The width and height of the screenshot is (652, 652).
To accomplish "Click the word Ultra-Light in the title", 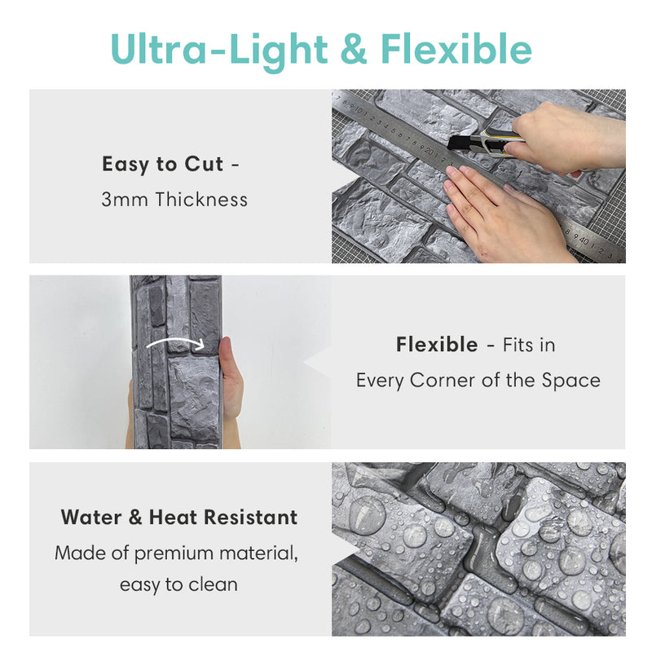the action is click(219, 50).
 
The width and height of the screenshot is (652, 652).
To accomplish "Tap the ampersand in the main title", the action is click(354, 49).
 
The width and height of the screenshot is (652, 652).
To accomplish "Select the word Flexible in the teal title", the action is click(456, 48).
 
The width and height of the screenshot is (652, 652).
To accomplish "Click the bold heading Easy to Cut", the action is click(162, 165).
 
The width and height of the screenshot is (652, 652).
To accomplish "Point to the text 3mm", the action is click(125, 200).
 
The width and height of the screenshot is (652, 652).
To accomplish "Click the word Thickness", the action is click(201, 199).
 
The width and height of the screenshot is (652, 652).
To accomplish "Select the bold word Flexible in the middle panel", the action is click(437, 345).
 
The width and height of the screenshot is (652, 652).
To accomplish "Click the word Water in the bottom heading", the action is click(91, 518).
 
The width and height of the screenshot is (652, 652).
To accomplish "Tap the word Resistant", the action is click(250, 518).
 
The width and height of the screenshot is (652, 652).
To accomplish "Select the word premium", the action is click(174, 554).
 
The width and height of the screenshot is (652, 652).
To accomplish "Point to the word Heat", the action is click(173, 518).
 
